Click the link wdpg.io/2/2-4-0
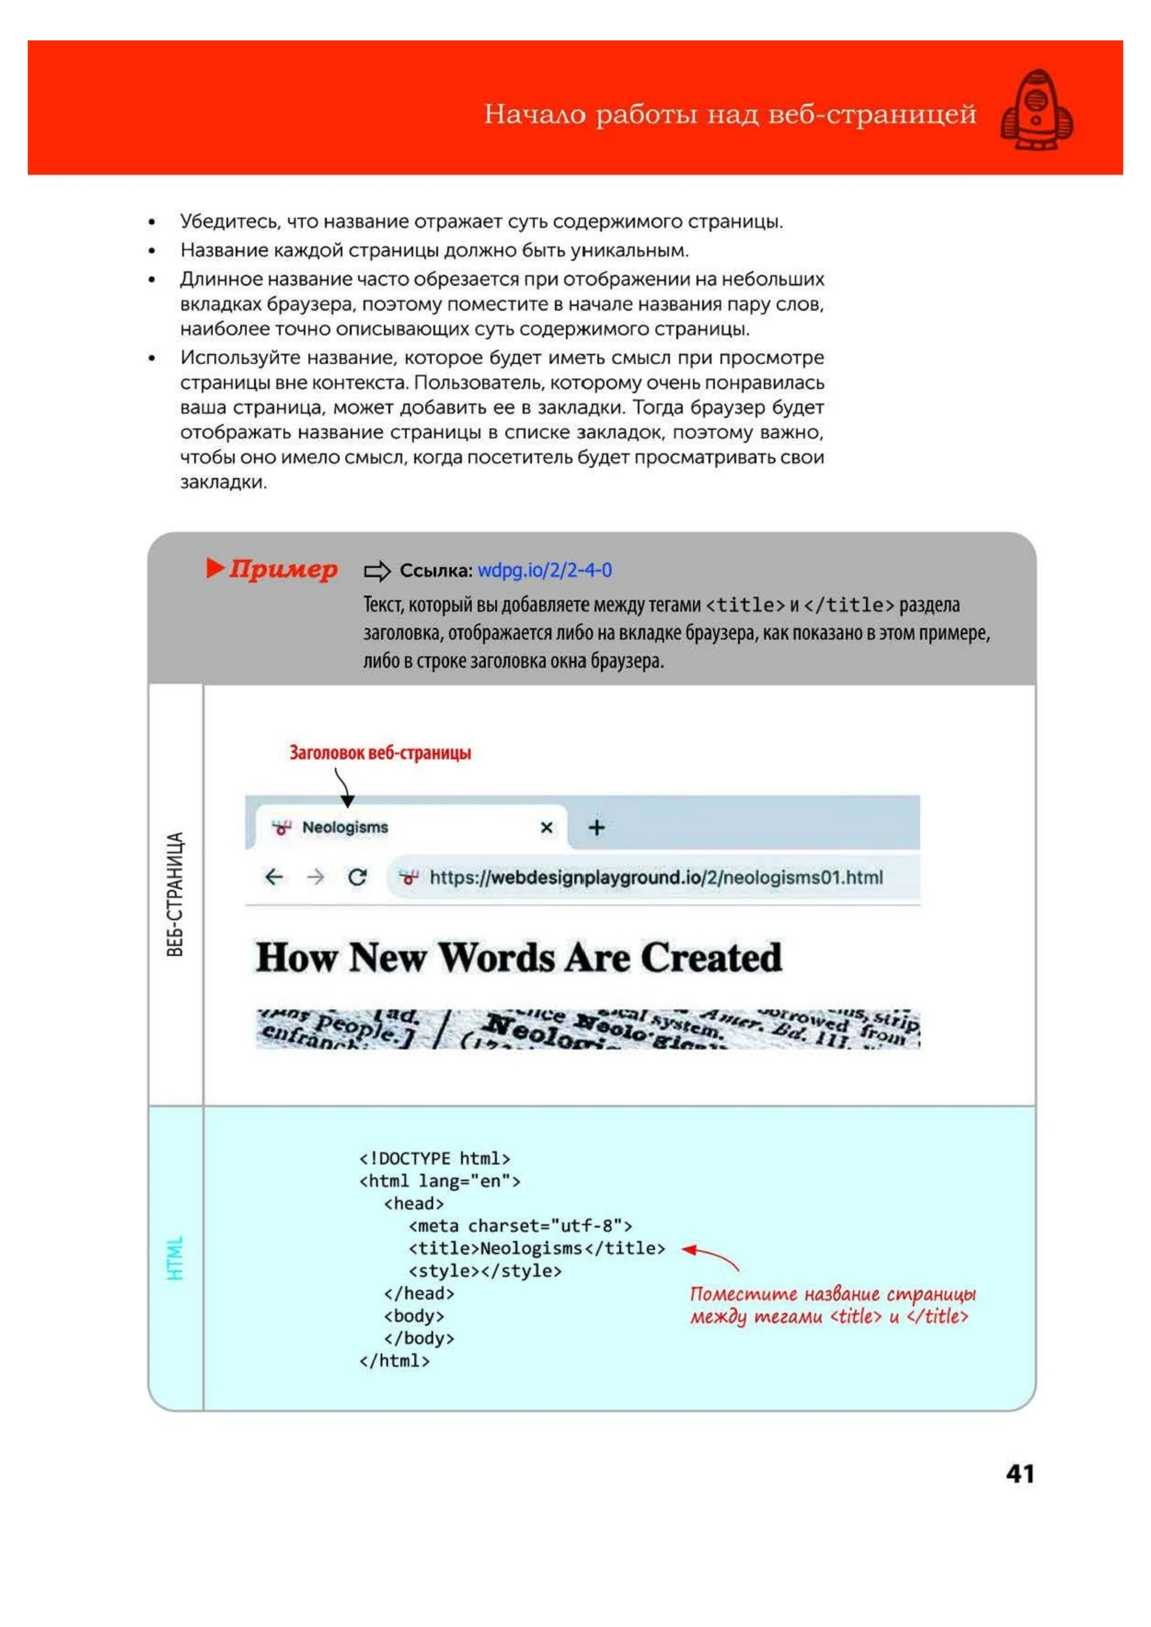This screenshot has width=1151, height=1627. [x=544, y=570]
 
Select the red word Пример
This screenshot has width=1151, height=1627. [x=282, y=569]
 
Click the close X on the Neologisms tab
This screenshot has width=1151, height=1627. [x=547, y=827]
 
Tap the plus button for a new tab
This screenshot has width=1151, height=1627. [x=597, y=827]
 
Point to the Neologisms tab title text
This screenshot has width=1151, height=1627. [x=345, y=827]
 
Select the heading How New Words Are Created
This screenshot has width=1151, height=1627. [x=519, y=958]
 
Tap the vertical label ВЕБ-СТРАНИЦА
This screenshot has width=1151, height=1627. [x=175, y=894]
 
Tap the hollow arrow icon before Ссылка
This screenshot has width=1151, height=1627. [x=377, y=570]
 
